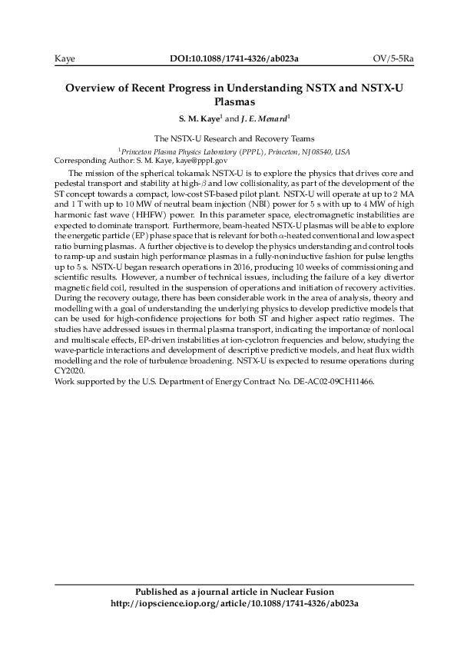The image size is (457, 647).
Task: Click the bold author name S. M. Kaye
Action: (200, 119)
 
